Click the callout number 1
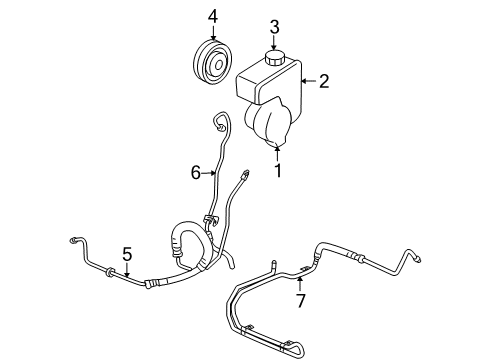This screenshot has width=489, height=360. click(278, 171)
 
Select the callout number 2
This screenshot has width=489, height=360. click(324, 82)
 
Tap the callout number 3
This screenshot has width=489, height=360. click(273, 25)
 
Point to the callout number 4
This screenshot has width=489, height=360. click(211, 16)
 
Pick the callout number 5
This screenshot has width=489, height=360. click(127, 255)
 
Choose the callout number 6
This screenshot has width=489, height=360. click(197, 172)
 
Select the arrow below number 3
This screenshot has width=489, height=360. click(273, 39)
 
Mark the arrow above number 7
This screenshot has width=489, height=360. click(298, 282)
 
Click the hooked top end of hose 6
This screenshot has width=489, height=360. click(219, 122)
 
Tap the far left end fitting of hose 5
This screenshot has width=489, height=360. click(73, 240)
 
